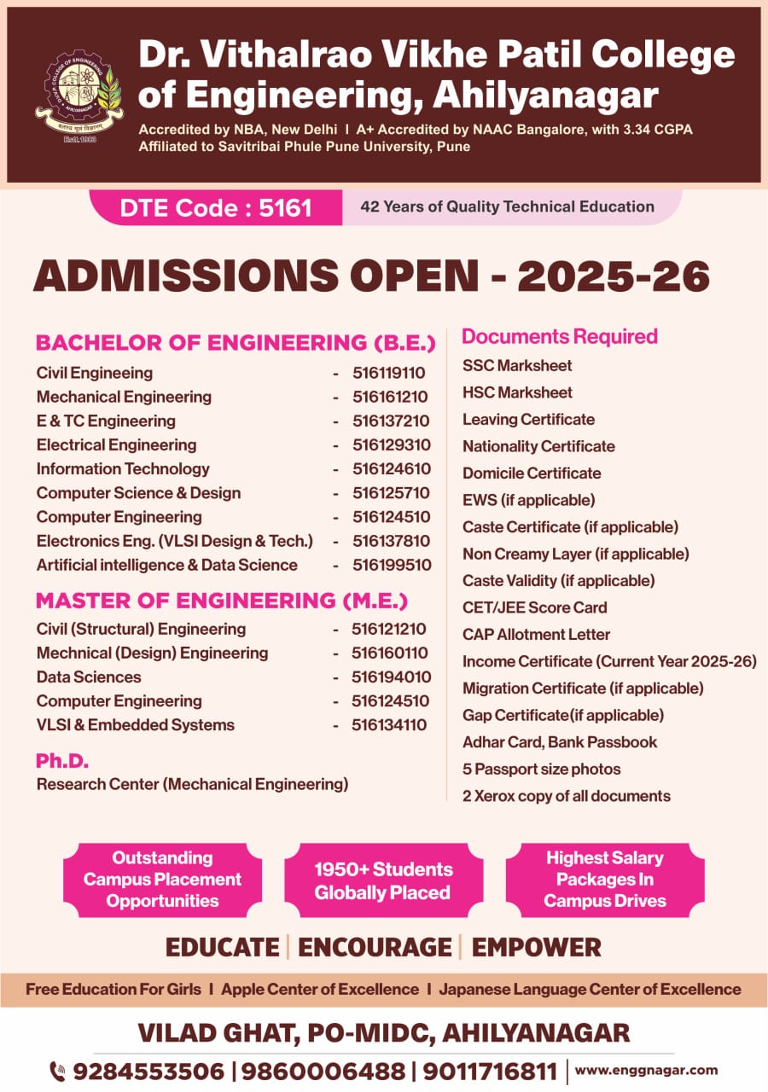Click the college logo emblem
pos(78,96)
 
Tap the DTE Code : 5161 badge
pos(215,207)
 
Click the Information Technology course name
pos(123,468)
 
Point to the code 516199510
pos(392,565)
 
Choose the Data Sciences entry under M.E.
pos(89,677)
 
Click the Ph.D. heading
pos(62,761)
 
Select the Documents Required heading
pos(559,336)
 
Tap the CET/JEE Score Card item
pos(535,607)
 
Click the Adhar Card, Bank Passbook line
pos(560,742)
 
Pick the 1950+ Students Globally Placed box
pos(382,880)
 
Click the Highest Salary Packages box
pos(604,880)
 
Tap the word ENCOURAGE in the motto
pos(375,947)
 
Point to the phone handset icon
pos(58,1071)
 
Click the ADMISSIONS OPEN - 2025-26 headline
pos(371,276)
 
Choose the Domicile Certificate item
pos(532,473)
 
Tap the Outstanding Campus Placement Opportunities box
pos(162,880)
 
